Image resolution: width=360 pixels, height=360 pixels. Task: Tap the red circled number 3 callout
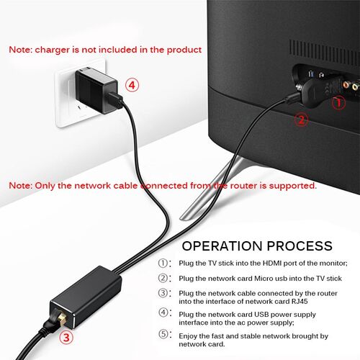coord(66,336)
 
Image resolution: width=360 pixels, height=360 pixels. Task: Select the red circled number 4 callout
coord(132,84)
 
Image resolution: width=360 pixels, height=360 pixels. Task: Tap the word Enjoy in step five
coord(191,336)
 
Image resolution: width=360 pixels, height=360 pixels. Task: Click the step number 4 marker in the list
coord(164,314)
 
